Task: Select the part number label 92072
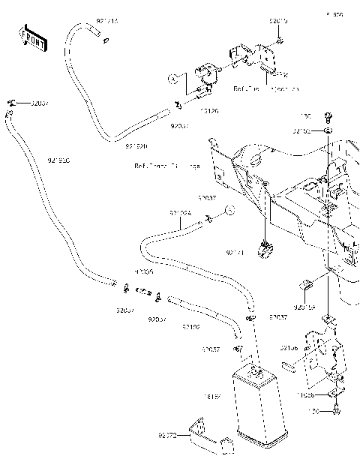(x=166, y=435)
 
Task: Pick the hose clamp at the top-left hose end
(x=13, y=102)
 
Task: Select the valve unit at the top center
(x=205, y=77)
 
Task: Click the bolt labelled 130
(x=328, y=116)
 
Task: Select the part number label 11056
(x=304, y=392)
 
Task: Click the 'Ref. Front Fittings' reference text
(x=166, y=166)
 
